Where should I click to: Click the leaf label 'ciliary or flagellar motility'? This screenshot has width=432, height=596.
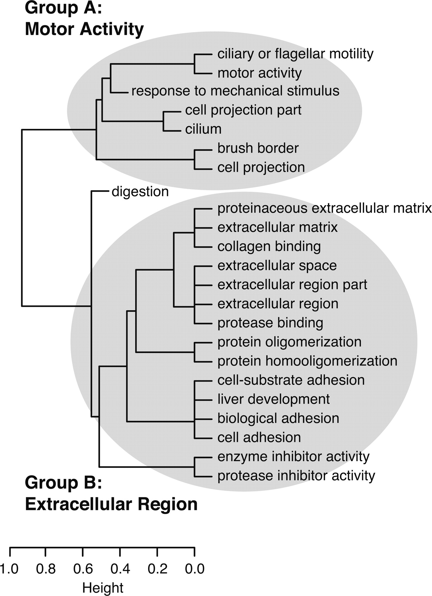coord(295,54)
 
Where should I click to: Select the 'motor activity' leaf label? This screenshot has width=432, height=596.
coord(259,73)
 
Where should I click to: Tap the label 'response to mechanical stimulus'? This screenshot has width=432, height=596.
coord(235,91)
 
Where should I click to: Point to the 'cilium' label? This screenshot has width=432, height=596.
coord(203,129)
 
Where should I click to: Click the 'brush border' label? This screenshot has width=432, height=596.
coord(258,148)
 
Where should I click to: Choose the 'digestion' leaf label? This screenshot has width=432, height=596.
coord(140,191)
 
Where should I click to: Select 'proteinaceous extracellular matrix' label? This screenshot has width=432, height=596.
coord(324,208)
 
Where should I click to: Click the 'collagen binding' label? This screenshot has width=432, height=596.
coord(269,246)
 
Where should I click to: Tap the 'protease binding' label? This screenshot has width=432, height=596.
coord(270,323)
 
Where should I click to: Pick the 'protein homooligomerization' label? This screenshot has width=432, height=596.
coord(307,361)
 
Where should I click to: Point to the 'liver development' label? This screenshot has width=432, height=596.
coord(273,399)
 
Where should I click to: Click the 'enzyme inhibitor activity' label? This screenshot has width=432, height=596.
coord(293,457)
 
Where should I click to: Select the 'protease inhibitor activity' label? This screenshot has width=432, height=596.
coord(296,476)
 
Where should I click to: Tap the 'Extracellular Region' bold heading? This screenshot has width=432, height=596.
coord(111,504)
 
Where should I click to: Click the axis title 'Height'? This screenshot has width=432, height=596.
coord(103,588)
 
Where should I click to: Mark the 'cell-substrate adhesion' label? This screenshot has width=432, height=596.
coord(291,380)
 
